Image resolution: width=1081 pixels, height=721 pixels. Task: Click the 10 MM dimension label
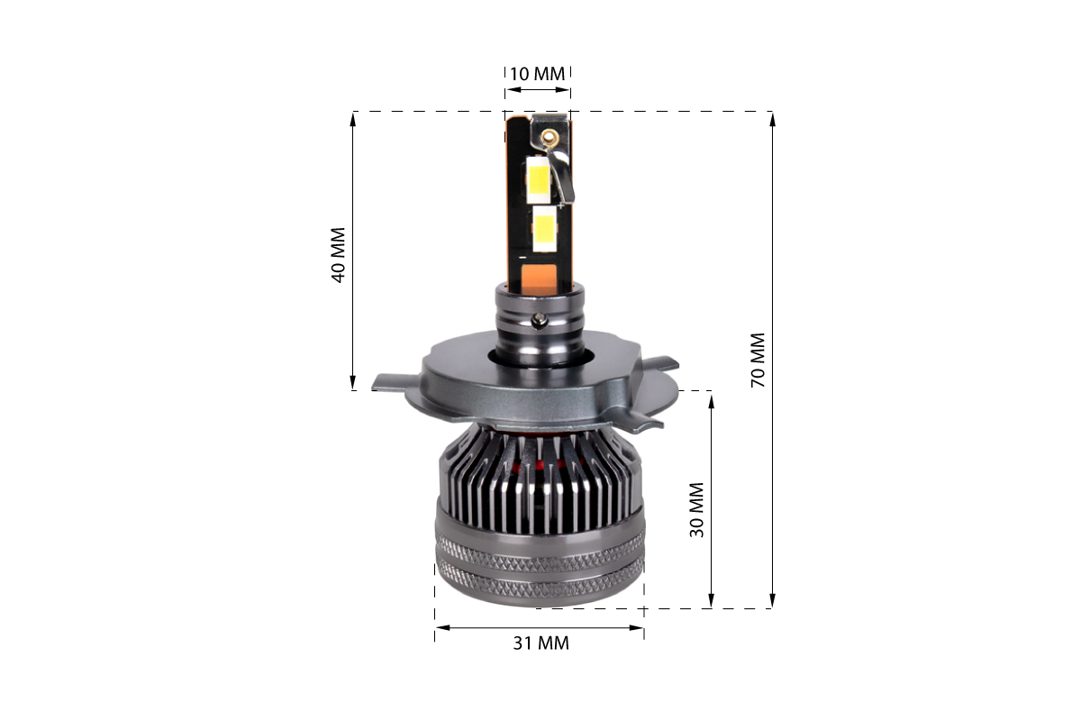pos(537,74)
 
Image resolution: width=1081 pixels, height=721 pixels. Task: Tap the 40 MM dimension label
pos(339,255)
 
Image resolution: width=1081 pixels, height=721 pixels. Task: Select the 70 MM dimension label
pos(759,360)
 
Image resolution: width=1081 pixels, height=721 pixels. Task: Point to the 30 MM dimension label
pos(697,509)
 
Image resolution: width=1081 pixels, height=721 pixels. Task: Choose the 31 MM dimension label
pos(541,643)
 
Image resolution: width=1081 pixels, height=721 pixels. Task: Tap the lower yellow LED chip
pos(544,233)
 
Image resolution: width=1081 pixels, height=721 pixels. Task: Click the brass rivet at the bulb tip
pos(548,136)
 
